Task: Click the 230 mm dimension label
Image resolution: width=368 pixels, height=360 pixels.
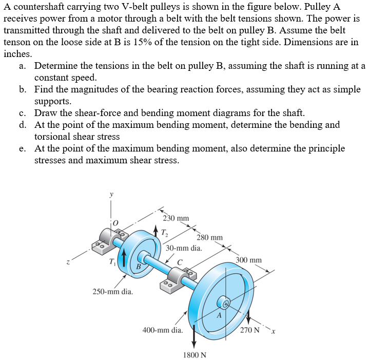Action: (176, 218)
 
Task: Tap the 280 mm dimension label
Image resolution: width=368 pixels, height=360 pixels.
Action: (209, 237)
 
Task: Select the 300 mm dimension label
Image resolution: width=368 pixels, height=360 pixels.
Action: (249, 260)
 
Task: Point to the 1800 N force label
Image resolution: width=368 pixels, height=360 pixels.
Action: (195, 355)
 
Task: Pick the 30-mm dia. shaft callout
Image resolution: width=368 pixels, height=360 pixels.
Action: (184, 248)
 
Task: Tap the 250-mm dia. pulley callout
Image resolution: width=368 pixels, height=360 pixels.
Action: (112, 292)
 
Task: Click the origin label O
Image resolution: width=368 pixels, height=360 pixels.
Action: (116, 222)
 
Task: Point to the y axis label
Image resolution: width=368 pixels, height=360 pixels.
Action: (110, 195)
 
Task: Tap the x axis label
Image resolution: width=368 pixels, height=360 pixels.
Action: (275, 330)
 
